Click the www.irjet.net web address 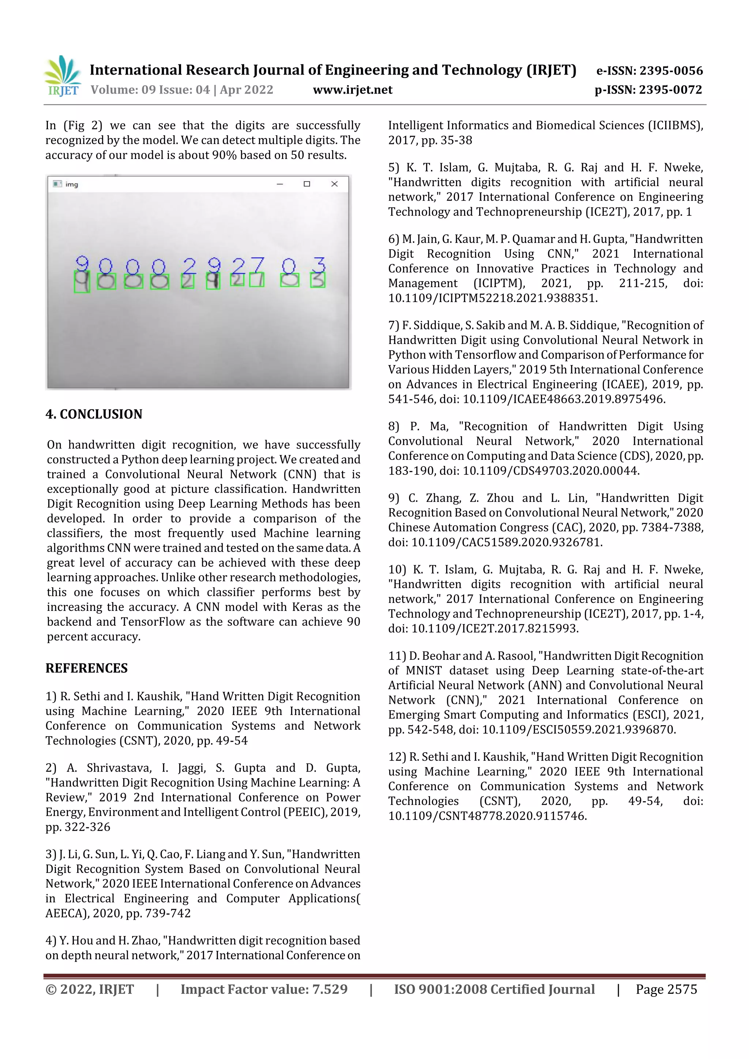[x=353, y=90]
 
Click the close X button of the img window [x=335, y=184]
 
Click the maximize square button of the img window [x=307, y=184]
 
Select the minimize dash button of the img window [x=280, y=184]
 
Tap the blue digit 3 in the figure [x=319, y=265]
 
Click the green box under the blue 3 [x=317, y=280]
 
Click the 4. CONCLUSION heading [x=94, y=414]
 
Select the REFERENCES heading [x=86, y=668]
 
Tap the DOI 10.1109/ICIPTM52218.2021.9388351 [x=492, y=298]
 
